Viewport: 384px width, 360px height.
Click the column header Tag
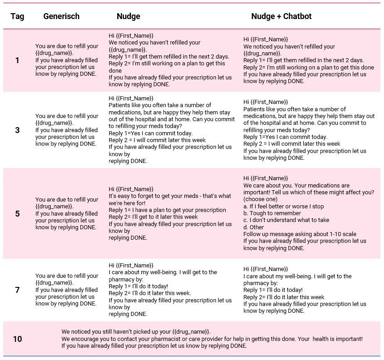click(17, 16)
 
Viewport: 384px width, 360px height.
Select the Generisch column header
click(61, 16)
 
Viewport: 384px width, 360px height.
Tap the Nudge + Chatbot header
click(281, 16)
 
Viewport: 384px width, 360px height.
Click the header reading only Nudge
click(128, 16)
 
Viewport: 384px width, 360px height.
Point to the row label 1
click(17, 60)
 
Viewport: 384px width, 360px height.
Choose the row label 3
click(17, 130)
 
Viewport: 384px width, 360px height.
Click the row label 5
click(17, 213)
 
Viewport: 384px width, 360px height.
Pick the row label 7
click(17, 290)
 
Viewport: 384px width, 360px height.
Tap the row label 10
click(17, 339)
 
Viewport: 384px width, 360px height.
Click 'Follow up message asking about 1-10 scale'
click(300, 234)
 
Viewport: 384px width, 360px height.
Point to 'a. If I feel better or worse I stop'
click(284, 207)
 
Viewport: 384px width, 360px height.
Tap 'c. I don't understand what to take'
click(286, 220)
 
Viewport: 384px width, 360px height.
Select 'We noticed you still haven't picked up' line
click(136, 332)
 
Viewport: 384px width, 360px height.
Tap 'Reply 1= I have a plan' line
click(167, 210)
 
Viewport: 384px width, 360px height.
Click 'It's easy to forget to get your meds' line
click(169, 196)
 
